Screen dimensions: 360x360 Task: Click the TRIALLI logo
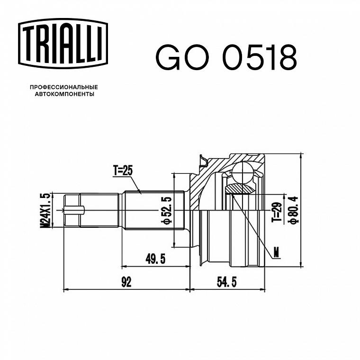click(x=63, y=44)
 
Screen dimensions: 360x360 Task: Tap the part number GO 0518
click(x=226, y=57)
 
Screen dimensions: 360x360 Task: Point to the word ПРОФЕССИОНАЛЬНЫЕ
click(x=64, y=87)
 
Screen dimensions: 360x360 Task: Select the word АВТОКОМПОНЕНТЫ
click(x=64, y=94)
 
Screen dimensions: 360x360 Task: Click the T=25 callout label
click(x=123, y=171)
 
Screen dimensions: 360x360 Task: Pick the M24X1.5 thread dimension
click(x=45, y=210)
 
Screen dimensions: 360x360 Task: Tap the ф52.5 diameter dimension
click(x=166, y=210)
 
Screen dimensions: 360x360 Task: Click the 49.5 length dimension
click(x=155, y=259)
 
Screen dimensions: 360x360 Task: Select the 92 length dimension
click(x=126, y=282)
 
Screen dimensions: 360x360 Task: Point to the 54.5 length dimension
click(x=226, y=282)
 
